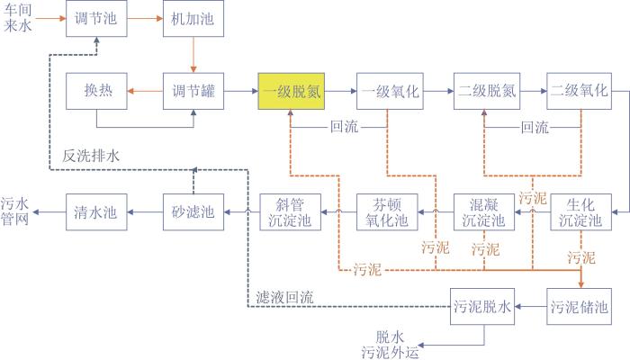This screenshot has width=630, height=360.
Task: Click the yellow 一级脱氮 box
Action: [x=292, y=91]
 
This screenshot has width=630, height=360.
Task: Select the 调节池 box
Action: [x=96, y=19]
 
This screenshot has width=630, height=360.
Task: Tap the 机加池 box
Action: [x=193, y=19]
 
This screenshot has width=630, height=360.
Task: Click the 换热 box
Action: [x=96, y=91]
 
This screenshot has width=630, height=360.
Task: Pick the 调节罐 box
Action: [x=193, y=91]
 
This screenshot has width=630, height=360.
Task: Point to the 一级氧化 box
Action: [x=390, y=91]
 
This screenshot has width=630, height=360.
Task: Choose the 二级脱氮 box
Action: [x=487, y=91]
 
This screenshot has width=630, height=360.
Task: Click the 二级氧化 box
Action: [x=580, y=91]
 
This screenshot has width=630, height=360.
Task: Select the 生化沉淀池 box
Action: [x=580, y=212]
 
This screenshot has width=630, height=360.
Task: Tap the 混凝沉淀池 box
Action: [x=484, y=212]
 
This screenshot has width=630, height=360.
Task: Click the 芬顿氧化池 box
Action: [x=387, y=212]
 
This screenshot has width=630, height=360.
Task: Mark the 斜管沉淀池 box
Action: [x=290, y=212]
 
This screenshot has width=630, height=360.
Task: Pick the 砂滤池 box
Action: [x=193, y=212]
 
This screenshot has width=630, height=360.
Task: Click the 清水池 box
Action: [x=96, y=212]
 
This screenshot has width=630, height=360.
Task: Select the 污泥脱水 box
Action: [x=482, y=307]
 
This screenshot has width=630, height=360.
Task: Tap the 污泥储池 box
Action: [x=580, y=307]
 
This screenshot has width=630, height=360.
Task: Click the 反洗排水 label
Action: [x=91, y=156]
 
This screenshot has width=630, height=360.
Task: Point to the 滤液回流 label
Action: [x=285, y=297]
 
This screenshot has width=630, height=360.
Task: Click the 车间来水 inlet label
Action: [x=18, y=18]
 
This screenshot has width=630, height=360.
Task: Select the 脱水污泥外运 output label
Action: [x=390, y=345]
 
